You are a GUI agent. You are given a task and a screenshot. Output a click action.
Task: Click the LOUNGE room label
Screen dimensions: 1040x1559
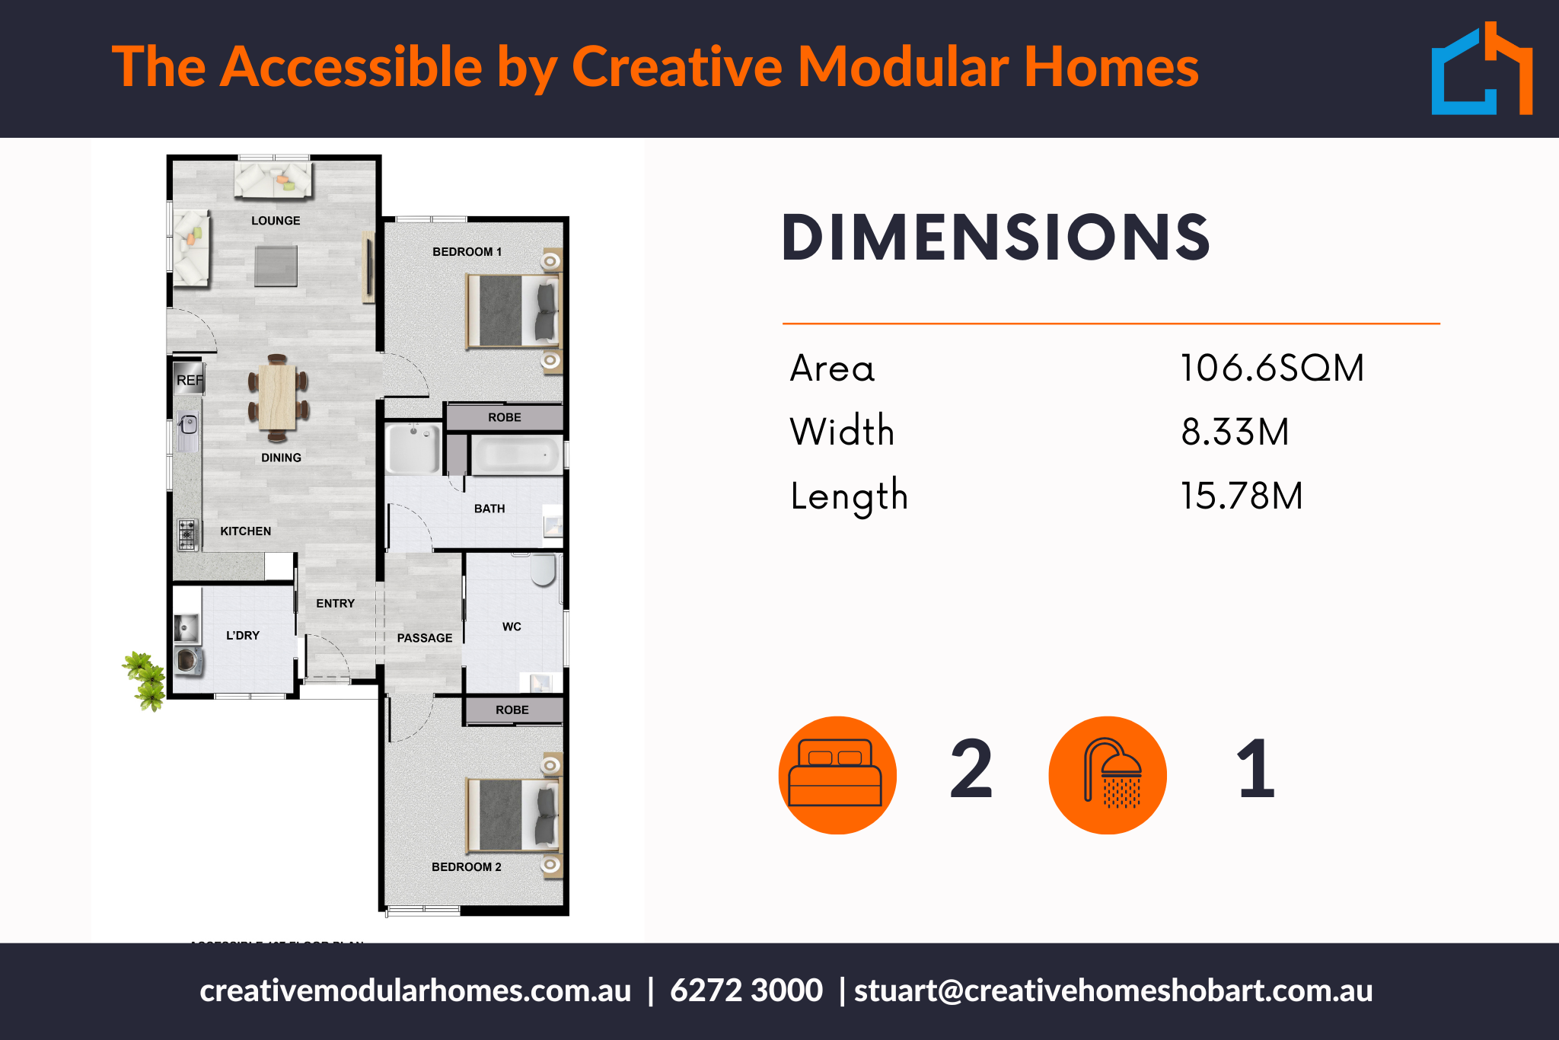276,221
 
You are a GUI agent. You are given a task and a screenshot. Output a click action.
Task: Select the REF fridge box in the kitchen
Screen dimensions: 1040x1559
190,380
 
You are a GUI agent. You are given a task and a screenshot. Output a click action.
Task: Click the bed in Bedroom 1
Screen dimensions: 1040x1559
512,311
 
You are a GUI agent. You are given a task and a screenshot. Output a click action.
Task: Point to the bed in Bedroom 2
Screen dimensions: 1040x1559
512,815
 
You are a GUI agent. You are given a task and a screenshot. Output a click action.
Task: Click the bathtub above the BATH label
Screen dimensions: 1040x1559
517,455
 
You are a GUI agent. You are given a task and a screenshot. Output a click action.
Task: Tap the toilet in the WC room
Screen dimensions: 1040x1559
544,569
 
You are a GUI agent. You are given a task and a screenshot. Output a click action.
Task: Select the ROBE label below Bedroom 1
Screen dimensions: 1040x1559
505,417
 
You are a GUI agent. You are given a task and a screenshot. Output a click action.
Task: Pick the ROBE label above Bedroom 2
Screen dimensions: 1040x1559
512,710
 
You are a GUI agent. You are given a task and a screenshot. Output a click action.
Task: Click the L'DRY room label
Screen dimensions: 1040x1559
243,636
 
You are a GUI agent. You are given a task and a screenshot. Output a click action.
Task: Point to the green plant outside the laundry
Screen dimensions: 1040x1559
145,680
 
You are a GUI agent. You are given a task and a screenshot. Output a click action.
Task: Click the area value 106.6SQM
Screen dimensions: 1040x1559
1272,368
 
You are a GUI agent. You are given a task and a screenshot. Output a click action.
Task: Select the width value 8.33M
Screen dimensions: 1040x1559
1235,432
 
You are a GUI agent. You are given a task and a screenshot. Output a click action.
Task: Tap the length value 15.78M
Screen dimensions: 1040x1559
1242,496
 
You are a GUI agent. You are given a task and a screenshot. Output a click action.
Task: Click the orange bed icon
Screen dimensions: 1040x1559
837,775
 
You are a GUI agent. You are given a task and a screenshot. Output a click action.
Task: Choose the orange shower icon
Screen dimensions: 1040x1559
1108,775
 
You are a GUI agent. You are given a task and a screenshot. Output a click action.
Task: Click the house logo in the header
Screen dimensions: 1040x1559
1481,70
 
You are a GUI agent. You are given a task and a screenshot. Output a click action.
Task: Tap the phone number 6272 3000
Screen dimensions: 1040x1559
746,991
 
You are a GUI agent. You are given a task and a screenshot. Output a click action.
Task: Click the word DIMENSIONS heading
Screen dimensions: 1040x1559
996,238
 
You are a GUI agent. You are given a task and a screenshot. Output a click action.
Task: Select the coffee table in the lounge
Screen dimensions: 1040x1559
276,266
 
